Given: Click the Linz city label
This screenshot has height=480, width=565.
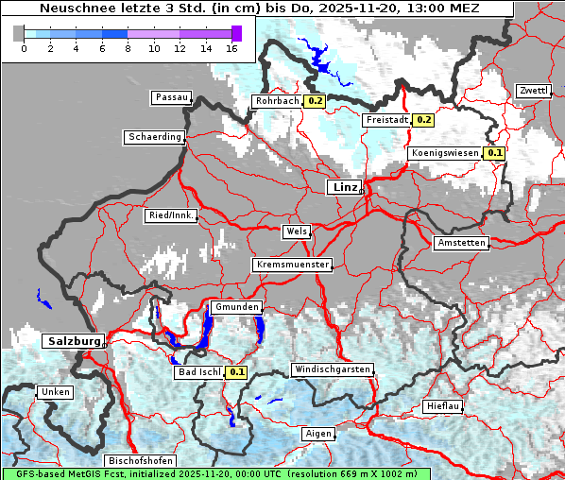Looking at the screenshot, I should (x=345, y=187).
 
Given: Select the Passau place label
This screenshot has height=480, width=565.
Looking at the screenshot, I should (x=171, y=97).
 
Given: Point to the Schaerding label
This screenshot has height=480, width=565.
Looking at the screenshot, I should (x=154, y=137).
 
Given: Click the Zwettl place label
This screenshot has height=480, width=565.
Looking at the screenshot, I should (x=533, y=91).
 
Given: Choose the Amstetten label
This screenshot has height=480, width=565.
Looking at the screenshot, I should (x=461, y=243).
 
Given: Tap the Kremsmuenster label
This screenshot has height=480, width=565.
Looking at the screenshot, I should (x=292, y=265).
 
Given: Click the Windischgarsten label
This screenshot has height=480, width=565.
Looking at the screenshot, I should (x=331, y=369).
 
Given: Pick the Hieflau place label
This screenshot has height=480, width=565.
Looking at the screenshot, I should (x=443, y=406).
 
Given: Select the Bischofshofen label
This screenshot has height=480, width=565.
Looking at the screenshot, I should (x=140, y=461).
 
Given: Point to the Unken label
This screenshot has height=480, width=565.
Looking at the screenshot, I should (x=53, y=391).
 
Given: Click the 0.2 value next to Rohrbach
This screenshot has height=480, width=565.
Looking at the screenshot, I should (x=315, y=101).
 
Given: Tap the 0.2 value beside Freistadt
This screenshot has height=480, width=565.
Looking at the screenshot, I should (x=423, y=120).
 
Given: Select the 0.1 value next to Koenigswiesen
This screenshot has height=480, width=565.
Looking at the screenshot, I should (x=495, y=153).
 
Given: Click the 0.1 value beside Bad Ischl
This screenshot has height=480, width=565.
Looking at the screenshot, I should (x=236, y=372).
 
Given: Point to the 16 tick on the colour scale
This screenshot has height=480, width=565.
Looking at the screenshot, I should (x=231, y=48).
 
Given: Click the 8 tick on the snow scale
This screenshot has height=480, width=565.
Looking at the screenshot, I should (x=128, y=48).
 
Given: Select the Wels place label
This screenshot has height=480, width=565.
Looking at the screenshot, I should (x=296, y=231).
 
